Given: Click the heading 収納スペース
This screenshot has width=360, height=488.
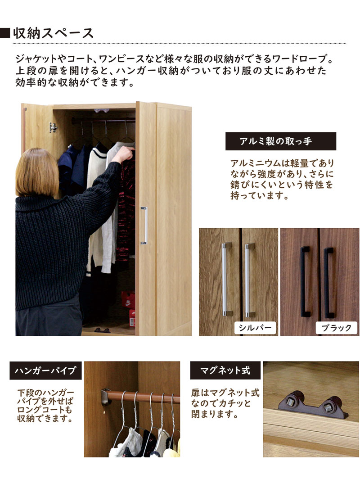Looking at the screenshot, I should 54,33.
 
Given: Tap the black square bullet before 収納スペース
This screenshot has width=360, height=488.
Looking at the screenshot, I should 5,33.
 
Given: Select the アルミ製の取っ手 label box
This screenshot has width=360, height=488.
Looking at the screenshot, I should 281,141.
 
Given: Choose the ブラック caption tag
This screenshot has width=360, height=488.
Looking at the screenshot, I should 336,328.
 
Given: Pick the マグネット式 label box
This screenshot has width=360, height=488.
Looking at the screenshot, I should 225,371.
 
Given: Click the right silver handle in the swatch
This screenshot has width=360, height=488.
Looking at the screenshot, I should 247,279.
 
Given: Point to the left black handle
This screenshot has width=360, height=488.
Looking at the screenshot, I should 305,281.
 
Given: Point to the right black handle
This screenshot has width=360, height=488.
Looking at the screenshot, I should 328,281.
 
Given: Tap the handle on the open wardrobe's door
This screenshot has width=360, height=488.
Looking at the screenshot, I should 144,225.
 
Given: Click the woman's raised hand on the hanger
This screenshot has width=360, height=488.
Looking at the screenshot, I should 127,154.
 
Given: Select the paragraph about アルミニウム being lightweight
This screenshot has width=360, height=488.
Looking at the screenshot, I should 282,180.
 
